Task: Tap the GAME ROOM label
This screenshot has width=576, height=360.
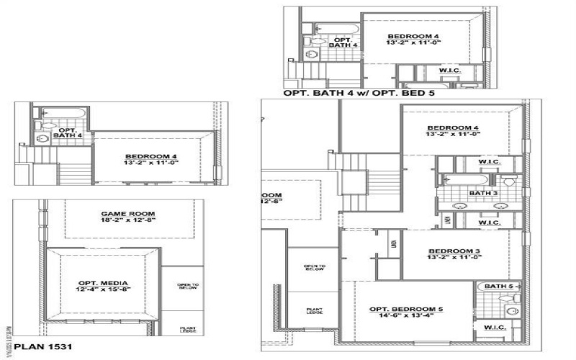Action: coord(128,215)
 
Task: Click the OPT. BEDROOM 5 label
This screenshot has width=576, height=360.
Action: coord(406,310)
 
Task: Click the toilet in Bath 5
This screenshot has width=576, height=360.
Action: coord(512,311)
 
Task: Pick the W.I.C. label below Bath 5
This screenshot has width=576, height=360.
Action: coord(495,328)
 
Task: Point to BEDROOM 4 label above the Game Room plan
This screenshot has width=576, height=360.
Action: coord(150,156)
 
